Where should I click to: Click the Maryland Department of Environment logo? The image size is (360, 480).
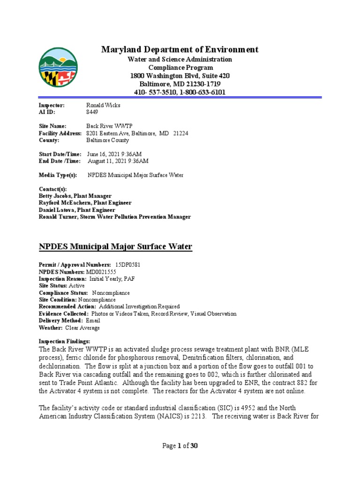59,67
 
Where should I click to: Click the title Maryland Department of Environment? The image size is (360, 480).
180,50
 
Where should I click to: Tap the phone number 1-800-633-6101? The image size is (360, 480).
199,92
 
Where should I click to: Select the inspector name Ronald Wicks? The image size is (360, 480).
103,105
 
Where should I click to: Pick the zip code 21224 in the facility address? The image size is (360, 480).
180,134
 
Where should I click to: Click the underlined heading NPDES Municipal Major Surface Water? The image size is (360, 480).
115,247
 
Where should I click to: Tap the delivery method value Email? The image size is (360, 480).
93,321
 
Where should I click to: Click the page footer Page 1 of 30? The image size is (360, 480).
180,446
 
